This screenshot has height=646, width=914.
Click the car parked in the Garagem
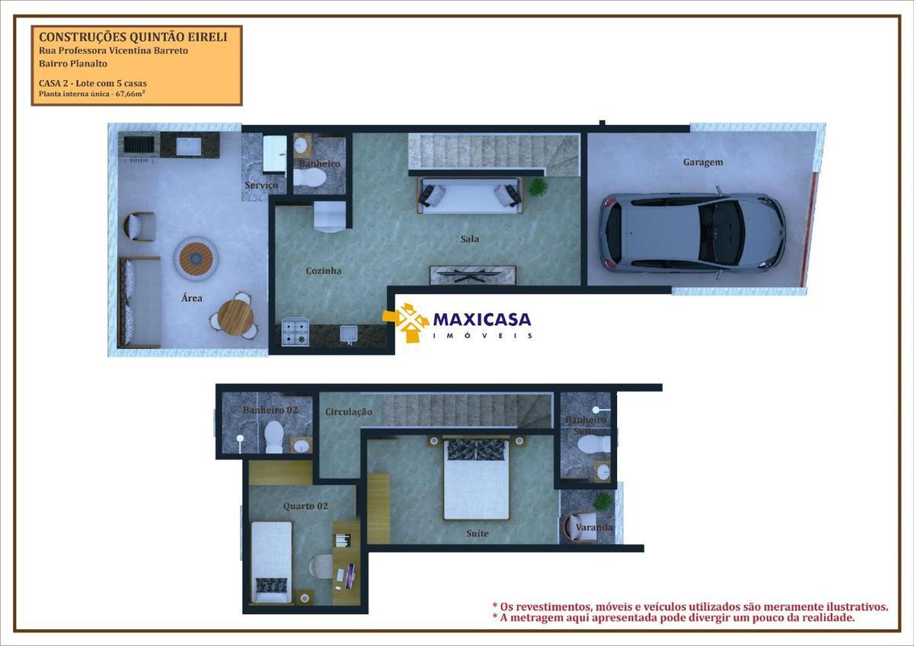pyautogui.click(x=692, y=232)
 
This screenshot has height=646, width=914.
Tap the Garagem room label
pyautogui.click(x=702, y=162)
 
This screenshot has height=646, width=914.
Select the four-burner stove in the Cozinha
pyautogui.click(x=295, y=332)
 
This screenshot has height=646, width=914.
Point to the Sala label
pyautogui.click(x=470, y=239)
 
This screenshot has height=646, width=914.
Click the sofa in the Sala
pyautogui.click(x=469, y=196)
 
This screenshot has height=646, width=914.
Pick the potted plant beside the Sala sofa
pyautogui.click(x=538, y=187)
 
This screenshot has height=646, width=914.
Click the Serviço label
pyautogui.click(x=260, y=186)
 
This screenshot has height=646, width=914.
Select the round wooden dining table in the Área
pyautogui.click(x=235, y=317)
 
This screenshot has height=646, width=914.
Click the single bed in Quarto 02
pyautogui.click(x=271, y=561)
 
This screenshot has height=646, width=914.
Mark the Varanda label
pyautogui.click(x=594, y=527)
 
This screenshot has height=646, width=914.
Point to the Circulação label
pyautogui.click(x=348, y=412)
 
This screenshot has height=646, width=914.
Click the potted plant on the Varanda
pyautogui.click(x=602, y=500)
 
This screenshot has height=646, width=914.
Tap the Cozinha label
pyautogui.click(x=324, y=271)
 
